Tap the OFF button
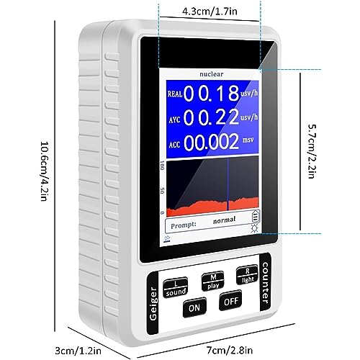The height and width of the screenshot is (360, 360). click(x=230, y=300)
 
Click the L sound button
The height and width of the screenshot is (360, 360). click(x=176, y=288)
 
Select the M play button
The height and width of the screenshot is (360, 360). click(x=213, y=282)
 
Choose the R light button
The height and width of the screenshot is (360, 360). click(x=247, y=275)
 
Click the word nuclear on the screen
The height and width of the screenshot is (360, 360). click(x=212, y=74)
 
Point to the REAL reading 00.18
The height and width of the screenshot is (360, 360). click(x=212, y=93)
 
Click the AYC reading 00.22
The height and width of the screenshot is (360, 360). click(x=211, y=117)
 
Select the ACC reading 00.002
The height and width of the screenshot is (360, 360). click(x=211, y=142)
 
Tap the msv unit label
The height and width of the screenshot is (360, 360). click(x=248, y=140)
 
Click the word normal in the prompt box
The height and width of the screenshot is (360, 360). click(x=224, y=220)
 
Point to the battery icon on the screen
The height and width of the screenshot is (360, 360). click(x=256, y=216)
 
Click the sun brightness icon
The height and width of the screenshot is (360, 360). click(x=255, y=228)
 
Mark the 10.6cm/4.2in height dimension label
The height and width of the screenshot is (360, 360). click(x=43, y=171)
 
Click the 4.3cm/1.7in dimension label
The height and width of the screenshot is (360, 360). click(x=210, y=12)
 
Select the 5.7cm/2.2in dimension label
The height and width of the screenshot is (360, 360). click(x=312, y=151)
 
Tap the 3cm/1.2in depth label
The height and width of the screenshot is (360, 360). click(x=78, y=351)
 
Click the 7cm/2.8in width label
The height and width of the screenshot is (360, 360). click(x=230, y=350)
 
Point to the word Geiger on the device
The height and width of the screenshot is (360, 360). click(x=153, y=303)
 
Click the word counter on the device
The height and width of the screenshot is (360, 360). click(x=265, y=283)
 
